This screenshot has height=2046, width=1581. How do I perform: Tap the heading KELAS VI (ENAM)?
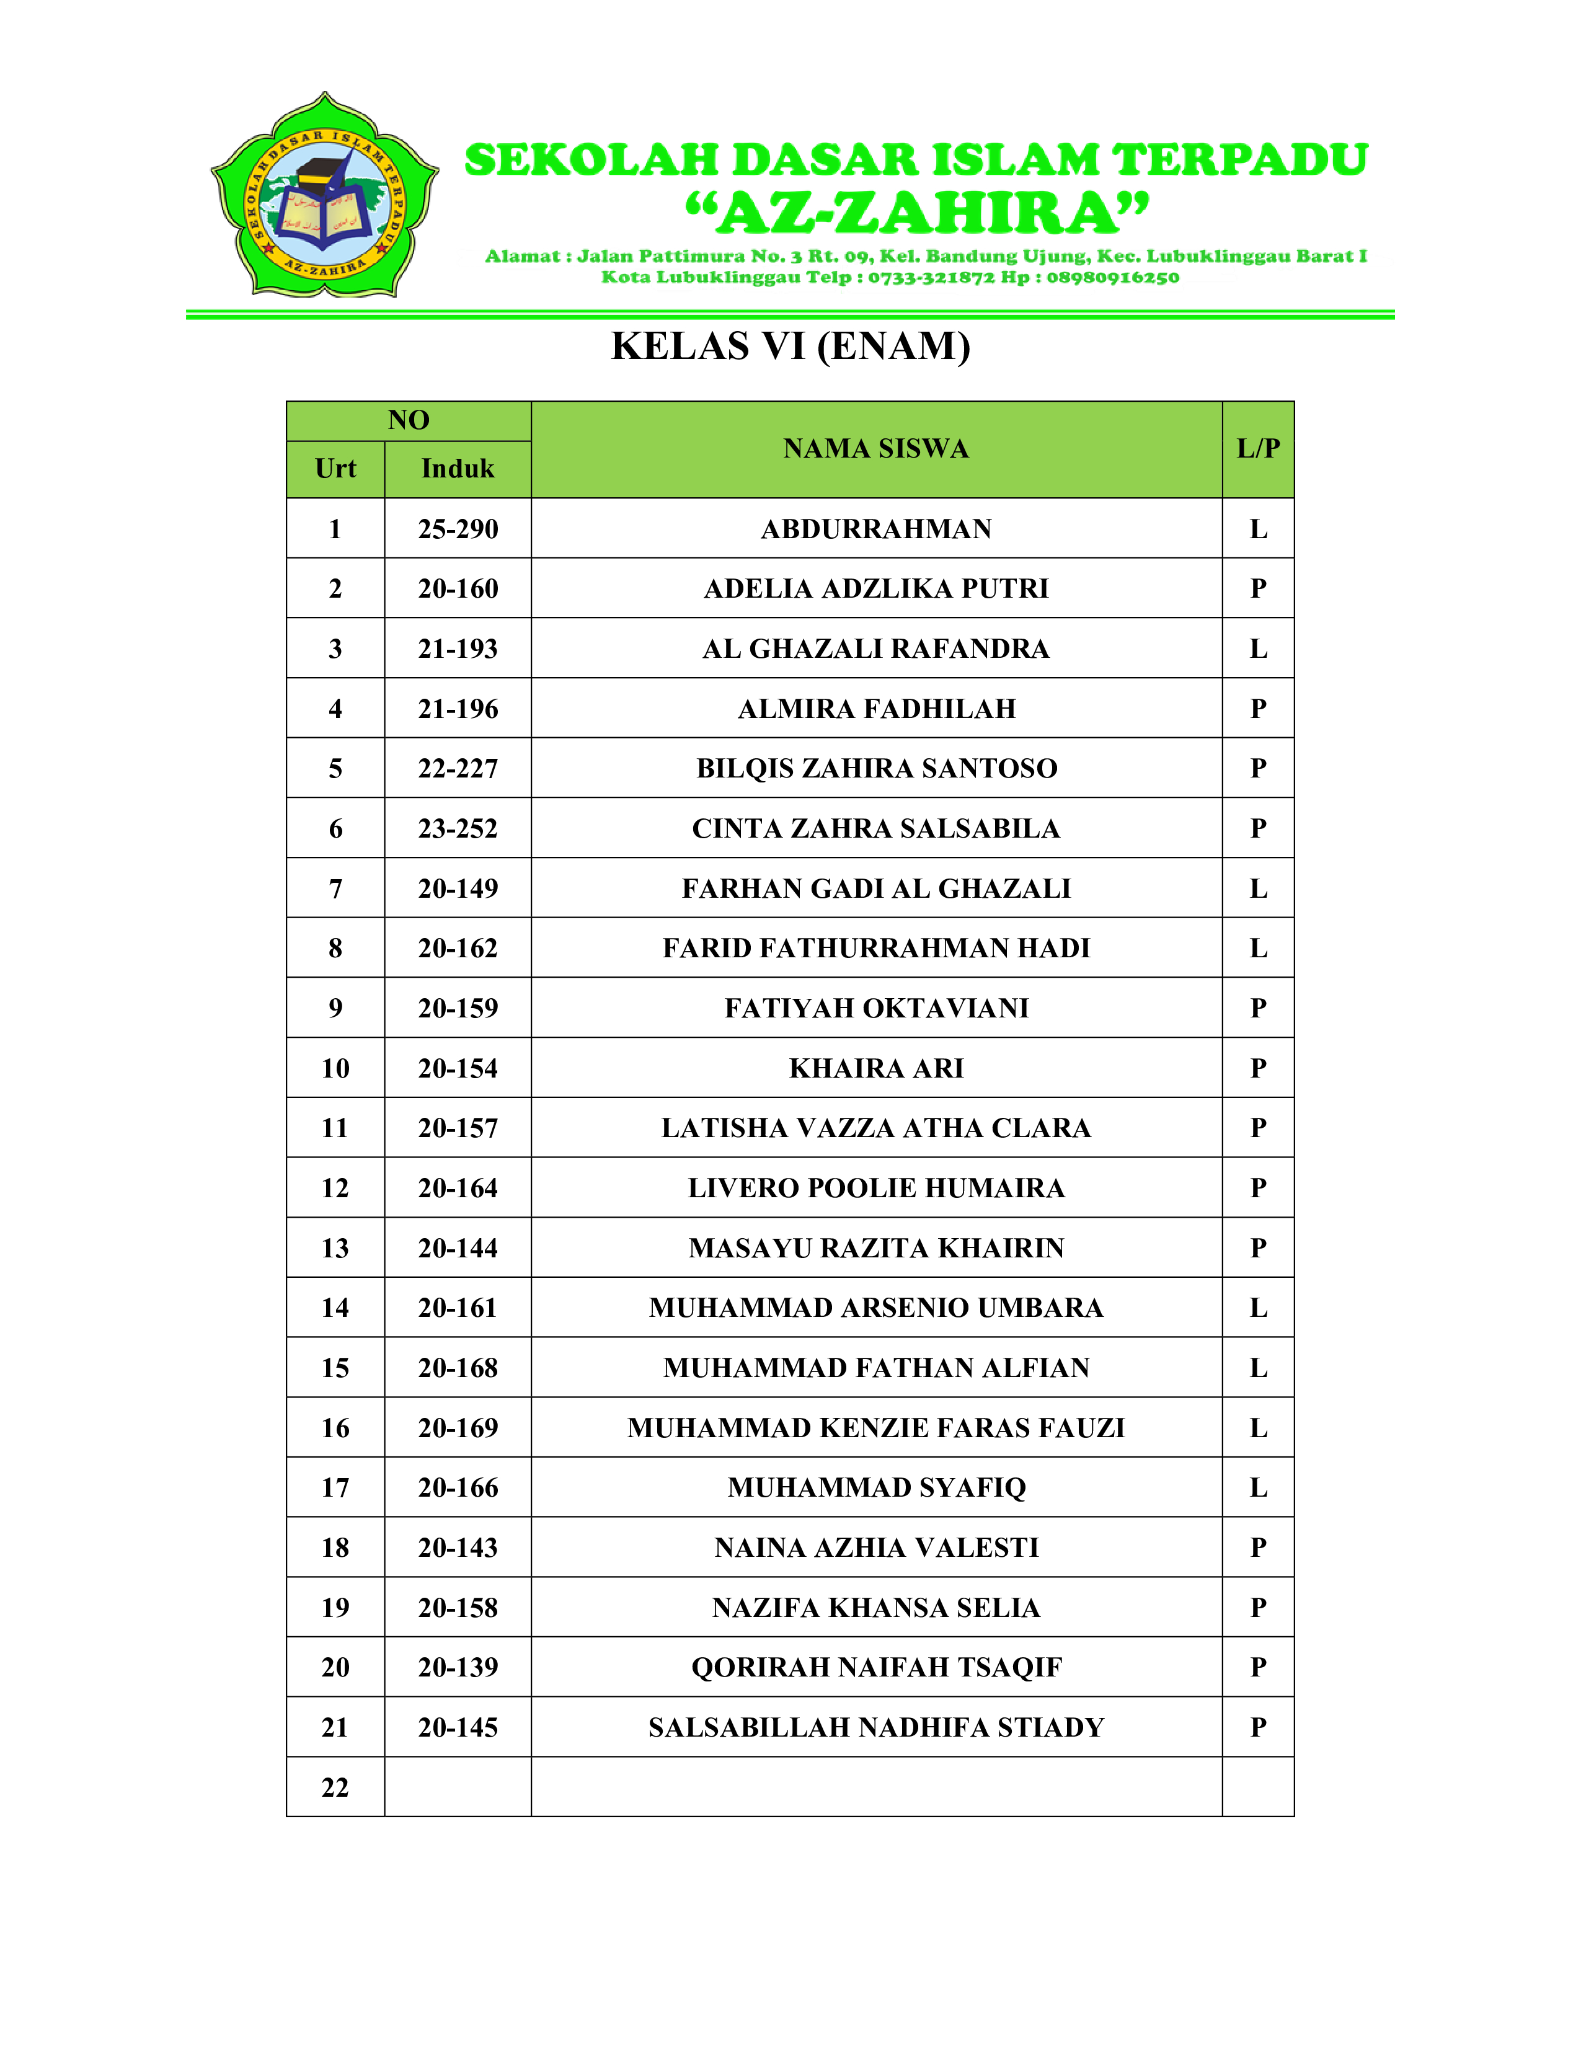click(790, 347)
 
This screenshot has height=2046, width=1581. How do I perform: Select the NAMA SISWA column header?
click(875, 449)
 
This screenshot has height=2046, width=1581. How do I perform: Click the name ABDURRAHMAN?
click(875, 529)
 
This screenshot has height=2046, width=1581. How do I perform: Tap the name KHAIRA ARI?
click(875, 1068)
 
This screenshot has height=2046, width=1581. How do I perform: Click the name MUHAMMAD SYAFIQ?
click(875, 1487)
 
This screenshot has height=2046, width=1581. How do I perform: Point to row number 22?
click(335, 1787)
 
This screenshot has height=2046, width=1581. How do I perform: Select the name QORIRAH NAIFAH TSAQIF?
click(875, 1668)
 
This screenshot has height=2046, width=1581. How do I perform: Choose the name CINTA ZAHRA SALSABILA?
click(875, 828)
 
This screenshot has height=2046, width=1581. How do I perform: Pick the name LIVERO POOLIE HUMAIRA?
click(875, 1188)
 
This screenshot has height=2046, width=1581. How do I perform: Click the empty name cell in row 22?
click(875, 1787)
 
